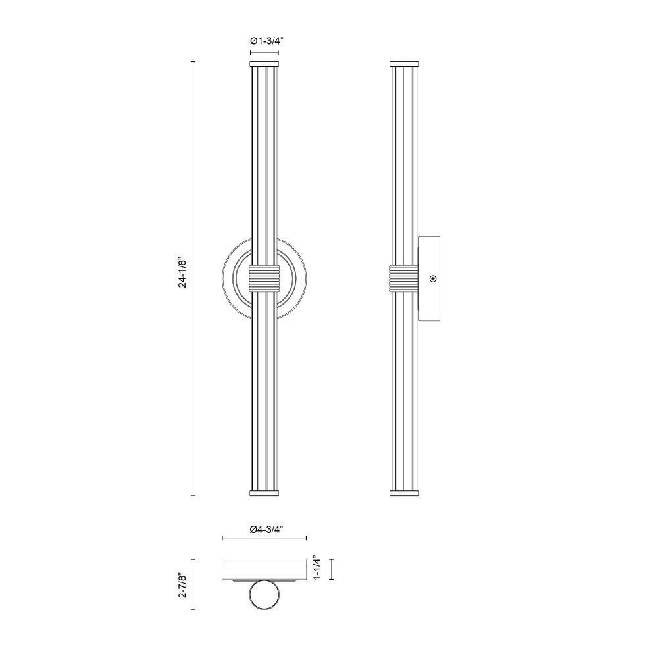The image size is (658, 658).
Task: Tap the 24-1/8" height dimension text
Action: pos(182,272)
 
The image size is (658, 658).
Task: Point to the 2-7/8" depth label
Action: pos(182,584)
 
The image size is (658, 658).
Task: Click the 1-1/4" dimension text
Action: pos(317,569)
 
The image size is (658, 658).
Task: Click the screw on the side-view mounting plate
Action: pos(433,278)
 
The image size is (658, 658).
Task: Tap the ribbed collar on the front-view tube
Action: pos(265,278)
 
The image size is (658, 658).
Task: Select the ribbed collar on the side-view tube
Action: pos(404,278)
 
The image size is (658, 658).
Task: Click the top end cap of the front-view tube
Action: pos(265,64)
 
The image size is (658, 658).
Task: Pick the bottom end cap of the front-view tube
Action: pos(265,493)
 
